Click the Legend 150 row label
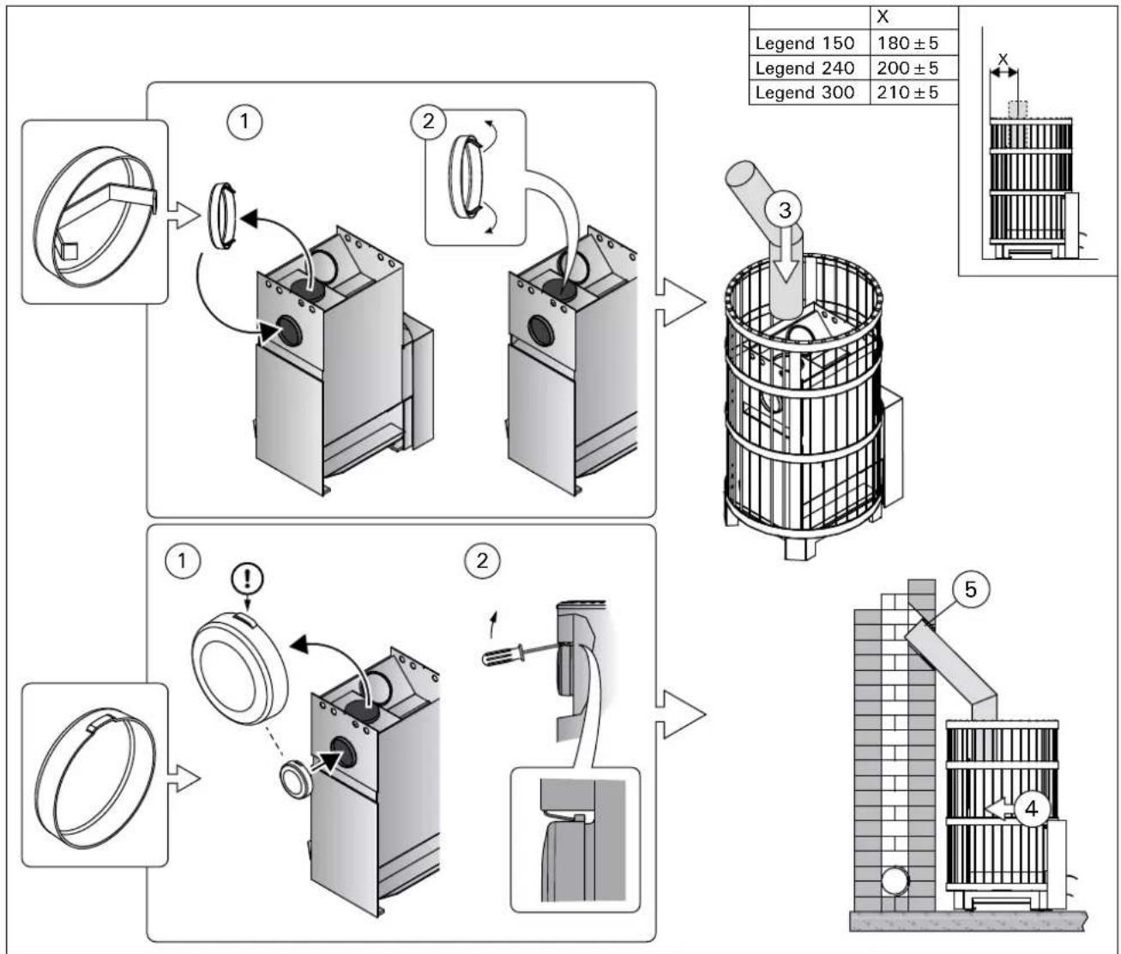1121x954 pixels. click(x=805, y=43)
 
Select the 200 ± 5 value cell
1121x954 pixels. click(x=907, y=68)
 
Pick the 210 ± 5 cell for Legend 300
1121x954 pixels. click(x=907, y=92)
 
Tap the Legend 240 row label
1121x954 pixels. click(x=805, y=68)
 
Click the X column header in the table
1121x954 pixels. click(x=883, y=17)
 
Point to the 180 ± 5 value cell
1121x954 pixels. click(x=907, y=43)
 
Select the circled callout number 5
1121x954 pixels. click(x=969, y=589)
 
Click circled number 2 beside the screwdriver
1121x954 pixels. click(x=482, y=560)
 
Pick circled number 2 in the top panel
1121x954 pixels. click(x=429, y=121)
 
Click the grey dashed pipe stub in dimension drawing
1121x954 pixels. click(x=1018, y=111)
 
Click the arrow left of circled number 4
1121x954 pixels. click(x=998, y=807)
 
